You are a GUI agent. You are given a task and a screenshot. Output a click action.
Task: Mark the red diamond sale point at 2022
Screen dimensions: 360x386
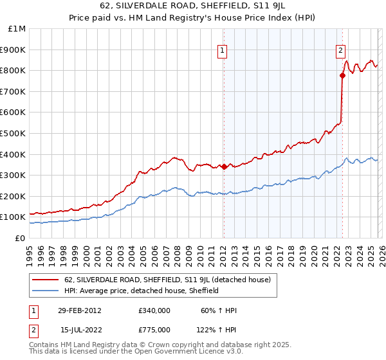343,75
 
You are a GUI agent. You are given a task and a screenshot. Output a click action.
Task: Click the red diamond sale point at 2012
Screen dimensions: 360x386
224,166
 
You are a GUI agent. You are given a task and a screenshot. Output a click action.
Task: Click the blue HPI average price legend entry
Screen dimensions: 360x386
142,291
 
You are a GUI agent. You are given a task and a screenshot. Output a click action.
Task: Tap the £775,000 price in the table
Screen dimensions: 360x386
154,329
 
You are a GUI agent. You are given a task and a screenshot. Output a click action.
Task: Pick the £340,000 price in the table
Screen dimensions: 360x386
154,310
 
